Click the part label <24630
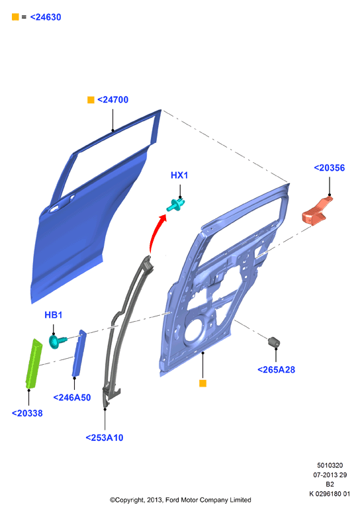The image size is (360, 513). click(46, 17)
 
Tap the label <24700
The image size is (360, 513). click(112, 100)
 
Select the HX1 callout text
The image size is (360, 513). click(179, 175)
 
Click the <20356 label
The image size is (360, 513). click(330, 168)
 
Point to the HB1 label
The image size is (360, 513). click(54, 314)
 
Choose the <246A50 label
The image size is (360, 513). click(72, 398)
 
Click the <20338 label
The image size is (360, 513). click(27, 413)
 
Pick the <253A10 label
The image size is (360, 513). click(105, 438)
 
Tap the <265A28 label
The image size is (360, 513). click(277, 370)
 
